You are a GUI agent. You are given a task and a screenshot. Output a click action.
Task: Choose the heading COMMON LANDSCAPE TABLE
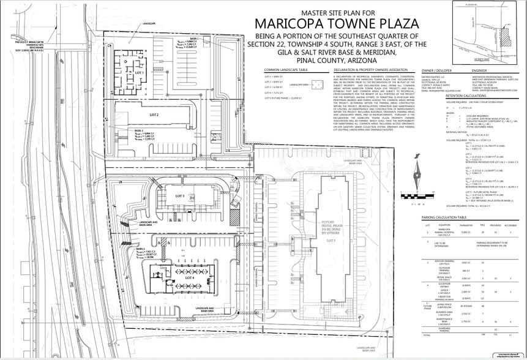pyautogui.click(x=285, y=70)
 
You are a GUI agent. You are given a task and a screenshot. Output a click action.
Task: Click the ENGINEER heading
pyautogui.click(x=479, y=70)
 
